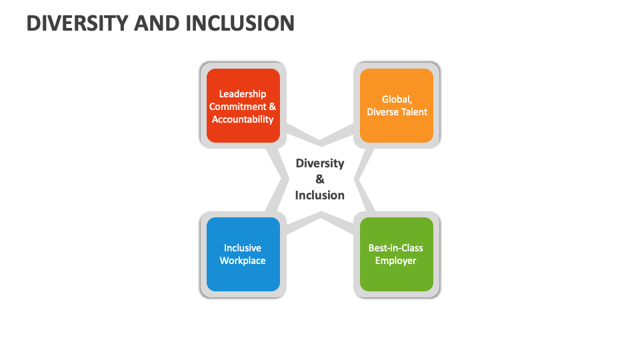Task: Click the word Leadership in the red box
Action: click(243, 94)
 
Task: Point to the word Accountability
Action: click(243, 119)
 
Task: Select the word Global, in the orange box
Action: click(397, 99)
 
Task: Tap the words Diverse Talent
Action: click(397, 112)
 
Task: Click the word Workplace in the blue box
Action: click(243, 261)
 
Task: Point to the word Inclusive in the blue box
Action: click(243, 248)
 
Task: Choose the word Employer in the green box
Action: click(396, 261)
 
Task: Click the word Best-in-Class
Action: click(396, 248)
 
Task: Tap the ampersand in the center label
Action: click(320, 179)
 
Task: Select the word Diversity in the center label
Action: click(320, 163)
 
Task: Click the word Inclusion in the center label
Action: click(320, 195)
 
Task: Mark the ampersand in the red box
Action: click(272, 107)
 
